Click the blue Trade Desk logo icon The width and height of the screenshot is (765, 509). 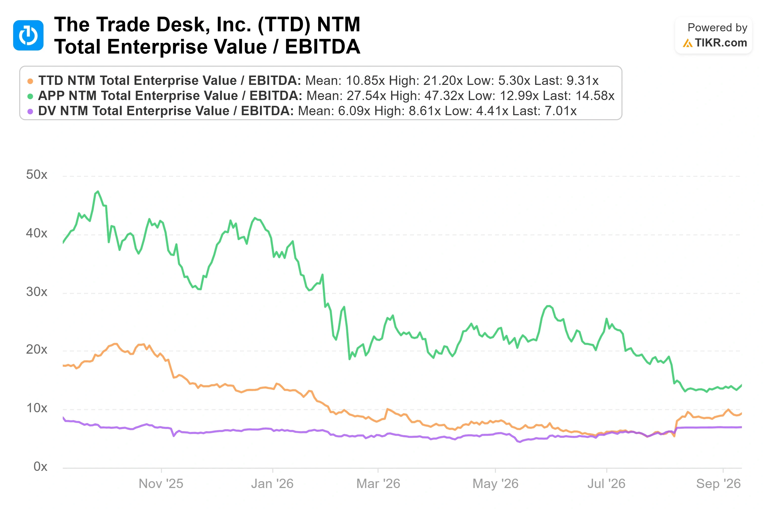click(x=28, y=35)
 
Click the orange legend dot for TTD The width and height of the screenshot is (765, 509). click(x=30, y=81)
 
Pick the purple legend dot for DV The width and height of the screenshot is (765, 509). click(x=30, y=112)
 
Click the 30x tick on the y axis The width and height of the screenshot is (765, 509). click(x=37, y=292)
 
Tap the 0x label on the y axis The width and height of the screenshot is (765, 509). click(x=40, y=467)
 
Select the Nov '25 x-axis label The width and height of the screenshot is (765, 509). click(x=161, y=484)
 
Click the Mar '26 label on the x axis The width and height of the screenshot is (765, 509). click(x=378, y=484)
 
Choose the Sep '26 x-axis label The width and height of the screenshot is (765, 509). click(x=718, y=484)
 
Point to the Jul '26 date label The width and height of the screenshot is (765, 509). click(x=606, y=484)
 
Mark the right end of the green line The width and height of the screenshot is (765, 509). click(x=741, y=385)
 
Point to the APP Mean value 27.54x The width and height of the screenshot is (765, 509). click(x=366, y=96)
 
